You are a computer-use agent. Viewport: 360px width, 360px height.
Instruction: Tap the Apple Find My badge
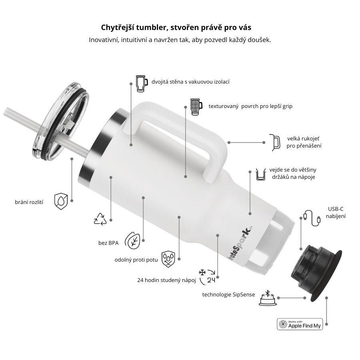(300, 324)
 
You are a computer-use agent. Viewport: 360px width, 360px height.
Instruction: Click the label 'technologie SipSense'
(228, 295)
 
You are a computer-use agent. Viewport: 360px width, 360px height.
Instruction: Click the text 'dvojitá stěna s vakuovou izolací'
(190, 82)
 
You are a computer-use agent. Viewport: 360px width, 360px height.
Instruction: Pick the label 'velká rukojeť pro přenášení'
(304, 142)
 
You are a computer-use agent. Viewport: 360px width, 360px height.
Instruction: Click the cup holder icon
(261, 174)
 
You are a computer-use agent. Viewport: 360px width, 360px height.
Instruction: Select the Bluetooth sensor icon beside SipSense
(267, 298)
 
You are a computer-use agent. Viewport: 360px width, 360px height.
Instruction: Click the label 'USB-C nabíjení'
(336, 212)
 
